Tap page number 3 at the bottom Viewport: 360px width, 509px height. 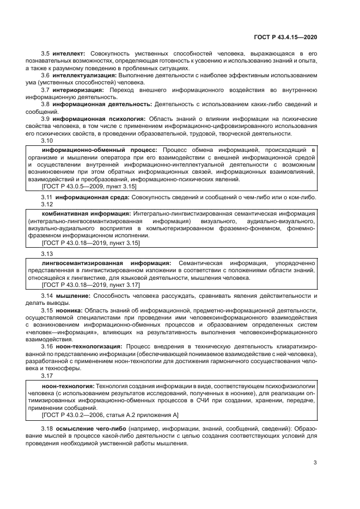(x=315, y=463)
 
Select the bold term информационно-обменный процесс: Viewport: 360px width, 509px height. (x=100, y=149)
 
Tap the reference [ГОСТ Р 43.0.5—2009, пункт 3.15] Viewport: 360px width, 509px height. (x=89, y=186)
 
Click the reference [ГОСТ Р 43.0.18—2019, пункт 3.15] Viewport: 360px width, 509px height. (x=90, y=243)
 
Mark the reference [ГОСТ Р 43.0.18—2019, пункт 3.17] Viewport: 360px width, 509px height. (x=90, y=285)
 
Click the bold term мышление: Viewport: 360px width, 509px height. (x=74, y=296)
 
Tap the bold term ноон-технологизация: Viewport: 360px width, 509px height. (x=89, y=346)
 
